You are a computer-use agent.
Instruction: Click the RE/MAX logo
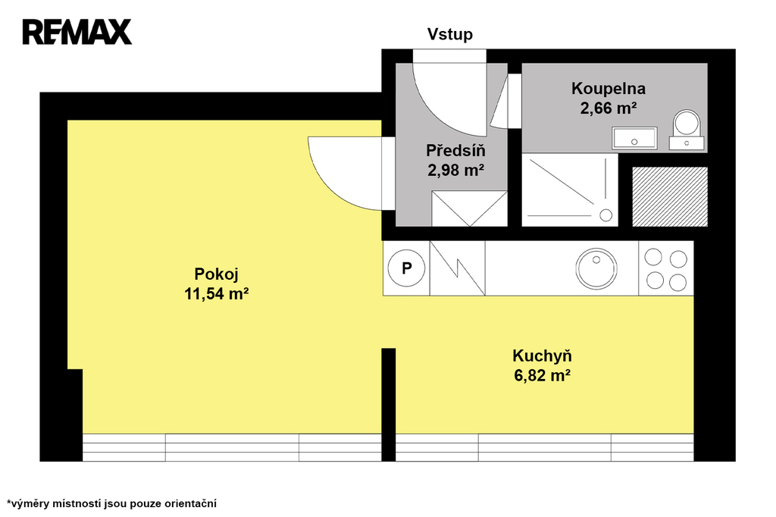click(77, 32)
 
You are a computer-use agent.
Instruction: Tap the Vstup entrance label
click(450, 34)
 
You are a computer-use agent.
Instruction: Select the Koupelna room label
click(609, 89)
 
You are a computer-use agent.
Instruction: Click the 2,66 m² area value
click(609, 108)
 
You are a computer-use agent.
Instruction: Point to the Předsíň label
click(455, 150)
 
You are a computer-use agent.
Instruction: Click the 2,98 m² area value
click(455, 171)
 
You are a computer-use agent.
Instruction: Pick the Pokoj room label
click(216, 274)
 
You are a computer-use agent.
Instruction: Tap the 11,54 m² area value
click(216, 294)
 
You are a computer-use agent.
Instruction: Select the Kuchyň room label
click(542, 356)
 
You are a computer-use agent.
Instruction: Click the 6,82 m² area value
click(542, 376)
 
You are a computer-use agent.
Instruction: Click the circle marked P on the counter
click(406, 268)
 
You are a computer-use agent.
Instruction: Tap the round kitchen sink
click(596, 268)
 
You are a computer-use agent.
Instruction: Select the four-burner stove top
click(666, 269)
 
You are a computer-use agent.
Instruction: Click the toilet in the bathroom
click(687, 130)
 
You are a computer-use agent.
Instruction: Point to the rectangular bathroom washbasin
click(634, 138)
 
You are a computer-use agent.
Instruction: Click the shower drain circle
click(605, 215)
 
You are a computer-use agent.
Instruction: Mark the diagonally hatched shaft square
click(670, 196)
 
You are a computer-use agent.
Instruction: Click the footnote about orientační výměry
click(111, 504)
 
